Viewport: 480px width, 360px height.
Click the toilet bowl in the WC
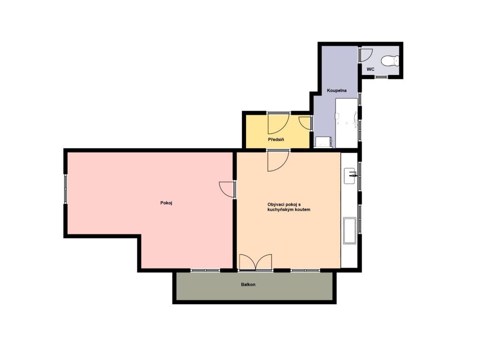390,60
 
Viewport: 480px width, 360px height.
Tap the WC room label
370,69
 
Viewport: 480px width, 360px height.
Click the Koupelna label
337,90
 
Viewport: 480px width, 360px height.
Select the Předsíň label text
276,140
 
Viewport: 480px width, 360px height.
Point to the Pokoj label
166,203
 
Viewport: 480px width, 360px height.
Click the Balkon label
248,285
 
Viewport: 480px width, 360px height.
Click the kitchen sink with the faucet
350,176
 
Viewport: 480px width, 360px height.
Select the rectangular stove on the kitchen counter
349,231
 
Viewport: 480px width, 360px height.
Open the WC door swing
365,55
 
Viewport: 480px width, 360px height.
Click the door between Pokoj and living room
228,189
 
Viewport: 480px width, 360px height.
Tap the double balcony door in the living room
255,262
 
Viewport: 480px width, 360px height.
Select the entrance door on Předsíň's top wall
278,122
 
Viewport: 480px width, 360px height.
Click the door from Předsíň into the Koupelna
305,123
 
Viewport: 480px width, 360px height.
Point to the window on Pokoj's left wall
66,189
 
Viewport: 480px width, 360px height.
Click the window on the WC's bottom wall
381,76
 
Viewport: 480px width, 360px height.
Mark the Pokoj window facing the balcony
205,270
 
